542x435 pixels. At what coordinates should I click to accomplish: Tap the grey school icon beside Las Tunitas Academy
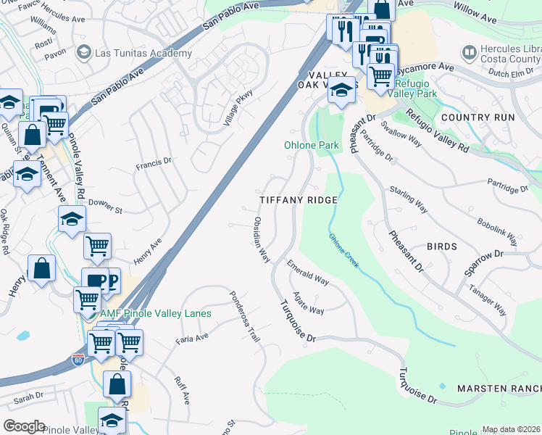84,52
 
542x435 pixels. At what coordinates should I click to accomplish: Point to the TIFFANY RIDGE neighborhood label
299,200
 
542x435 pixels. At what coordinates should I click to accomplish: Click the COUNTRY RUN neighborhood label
478,117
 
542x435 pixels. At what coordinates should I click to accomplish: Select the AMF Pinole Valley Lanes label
155,314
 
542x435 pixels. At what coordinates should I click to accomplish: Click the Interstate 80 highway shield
78,358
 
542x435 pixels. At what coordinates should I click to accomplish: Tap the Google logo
24,426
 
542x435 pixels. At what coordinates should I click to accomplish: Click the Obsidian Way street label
262,239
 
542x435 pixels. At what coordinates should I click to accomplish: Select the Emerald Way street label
308,272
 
